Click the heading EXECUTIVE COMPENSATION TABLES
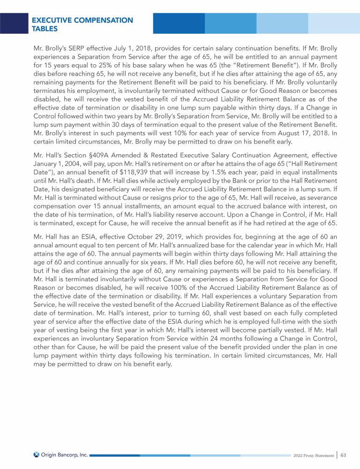82,24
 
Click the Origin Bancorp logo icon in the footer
37,454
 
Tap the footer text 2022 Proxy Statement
312,455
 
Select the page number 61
344,454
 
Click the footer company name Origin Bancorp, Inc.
64,454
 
